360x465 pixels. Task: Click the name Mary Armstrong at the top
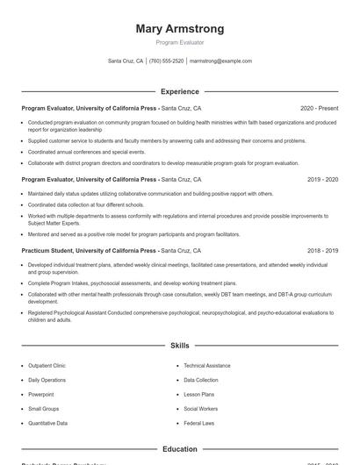179,29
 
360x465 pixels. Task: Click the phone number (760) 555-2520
167,61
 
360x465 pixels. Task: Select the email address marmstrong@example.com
220,61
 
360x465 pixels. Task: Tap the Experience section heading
179,91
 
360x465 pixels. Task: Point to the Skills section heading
179,346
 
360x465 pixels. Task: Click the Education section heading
179,449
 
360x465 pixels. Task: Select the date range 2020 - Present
319,108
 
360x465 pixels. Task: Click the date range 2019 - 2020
322,179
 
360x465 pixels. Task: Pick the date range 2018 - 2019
322,250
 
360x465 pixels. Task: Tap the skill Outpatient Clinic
47,366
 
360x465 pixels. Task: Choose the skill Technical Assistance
207,366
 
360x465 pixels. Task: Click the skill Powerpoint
40,395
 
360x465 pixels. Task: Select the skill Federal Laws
198,423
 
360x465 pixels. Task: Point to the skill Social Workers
201,409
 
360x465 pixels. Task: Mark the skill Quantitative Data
47,423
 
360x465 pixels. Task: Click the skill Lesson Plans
198,395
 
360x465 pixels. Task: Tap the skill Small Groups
43,409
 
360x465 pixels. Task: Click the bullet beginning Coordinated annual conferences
86,152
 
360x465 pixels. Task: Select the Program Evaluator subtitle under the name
179,42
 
